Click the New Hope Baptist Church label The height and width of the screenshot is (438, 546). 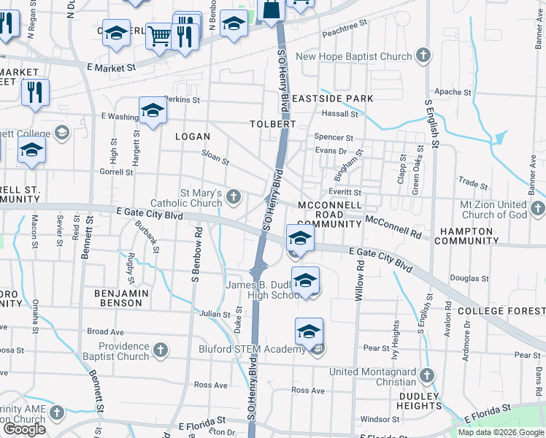[354, 56]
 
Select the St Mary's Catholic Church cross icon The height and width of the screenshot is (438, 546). [234, 196]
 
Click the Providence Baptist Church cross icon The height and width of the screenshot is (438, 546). [161, 351]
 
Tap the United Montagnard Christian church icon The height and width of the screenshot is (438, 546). [427, 376]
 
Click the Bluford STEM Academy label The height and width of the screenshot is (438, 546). [253, 349]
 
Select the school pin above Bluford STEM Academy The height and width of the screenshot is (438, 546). [309, 331]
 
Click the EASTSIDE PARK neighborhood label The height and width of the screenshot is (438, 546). [332, 99]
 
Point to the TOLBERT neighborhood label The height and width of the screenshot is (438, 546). [274, 124]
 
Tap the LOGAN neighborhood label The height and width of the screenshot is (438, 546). [193, 137]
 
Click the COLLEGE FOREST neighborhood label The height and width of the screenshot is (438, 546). [501, 311]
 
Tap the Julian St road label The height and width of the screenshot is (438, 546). [215, 315]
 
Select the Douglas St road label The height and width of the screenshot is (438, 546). [469, 278]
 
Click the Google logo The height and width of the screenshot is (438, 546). [24, 429]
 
